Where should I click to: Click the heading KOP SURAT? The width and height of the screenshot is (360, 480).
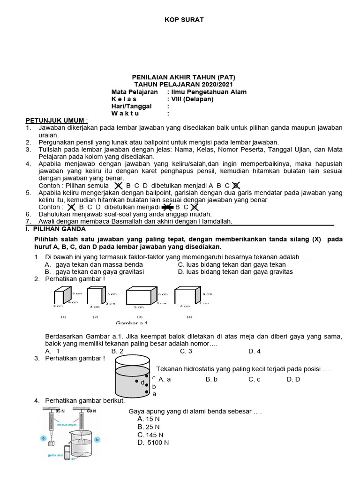click(184, 19)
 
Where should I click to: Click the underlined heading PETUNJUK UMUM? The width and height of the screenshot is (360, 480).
click(56, 120)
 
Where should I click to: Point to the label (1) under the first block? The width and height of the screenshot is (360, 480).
click(63, 317)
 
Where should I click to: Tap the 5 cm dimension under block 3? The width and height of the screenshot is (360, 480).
click(139, 307)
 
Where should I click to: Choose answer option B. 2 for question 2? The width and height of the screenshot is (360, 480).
click(117, 351)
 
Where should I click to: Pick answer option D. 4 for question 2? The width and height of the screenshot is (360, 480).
click(255, 351)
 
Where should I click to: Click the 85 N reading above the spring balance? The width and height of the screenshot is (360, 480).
click(60, 411)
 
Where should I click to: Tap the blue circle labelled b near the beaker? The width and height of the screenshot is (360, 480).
click(97, 440)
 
